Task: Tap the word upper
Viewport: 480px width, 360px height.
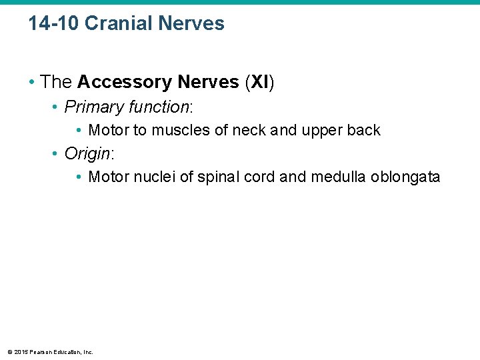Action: point(323,130)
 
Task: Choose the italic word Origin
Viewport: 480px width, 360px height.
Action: point(87,153)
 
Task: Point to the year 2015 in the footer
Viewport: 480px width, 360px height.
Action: point(21,352)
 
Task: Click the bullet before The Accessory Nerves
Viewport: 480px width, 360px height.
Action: point(32,83)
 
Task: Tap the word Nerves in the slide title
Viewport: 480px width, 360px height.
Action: point(191,23)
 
